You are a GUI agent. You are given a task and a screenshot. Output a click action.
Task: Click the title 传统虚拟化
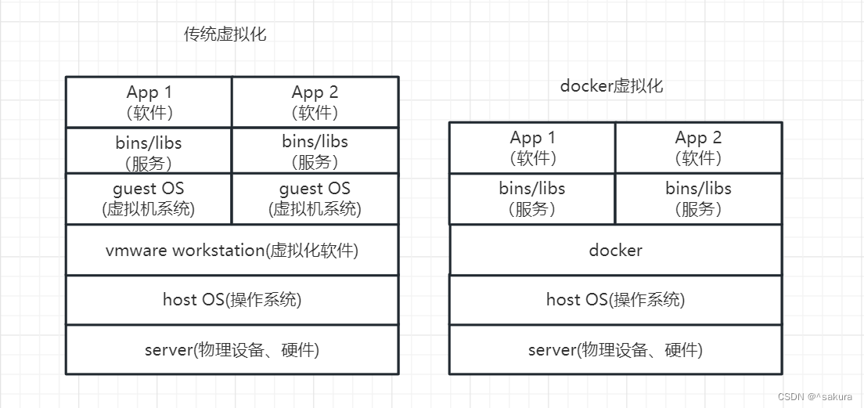click(225, 34)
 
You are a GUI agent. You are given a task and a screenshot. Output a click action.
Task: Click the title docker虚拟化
click(611, 86)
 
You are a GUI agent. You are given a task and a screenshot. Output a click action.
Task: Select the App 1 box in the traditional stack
click(149, 102)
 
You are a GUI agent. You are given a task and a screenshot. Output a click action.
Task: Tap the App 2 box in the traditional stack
click(315, 102)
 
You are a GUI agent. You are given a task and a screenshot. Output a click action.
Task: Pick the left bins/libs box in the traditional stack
click(149, 152)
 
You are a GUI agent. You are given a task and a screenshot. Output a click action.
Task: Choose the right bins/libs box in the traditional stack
click(315, 152)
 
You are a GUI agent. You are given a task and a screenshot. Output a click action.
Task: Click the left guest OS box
click(149, 199)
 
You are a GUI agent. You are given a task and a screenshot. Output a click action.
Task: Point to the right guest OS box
click(315, 199)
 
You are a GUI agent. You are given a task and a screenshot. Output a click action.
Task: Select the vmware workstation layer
click(232, 251)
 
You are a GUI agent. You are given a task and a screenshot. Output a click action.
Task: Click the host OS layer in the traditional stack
click(232, 300)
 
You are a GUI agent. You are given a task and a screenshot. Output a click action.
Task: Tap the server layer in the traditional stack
click(232, 350)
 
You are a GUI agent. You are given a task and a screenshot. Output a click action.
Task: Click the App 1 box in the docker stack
click(532, 147)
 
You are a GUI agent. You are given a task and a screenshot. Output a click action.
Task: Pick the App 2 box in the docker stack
click(698, 147)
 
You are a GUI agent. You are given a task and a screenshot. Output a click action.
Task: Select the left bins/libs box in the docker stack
click(532, 199)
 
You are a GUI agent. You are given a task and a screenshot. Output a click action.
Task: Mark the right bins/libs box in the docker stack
click(698, 199)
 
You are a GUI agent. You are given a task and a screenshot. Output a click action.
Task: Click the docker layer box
click(615, 251)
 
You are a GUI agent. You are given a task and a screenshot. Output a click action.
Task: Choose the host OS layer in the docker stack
click(615, 300)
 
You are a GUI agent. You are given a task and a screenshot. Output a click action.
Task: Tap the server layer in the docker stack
click(615, 350)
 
